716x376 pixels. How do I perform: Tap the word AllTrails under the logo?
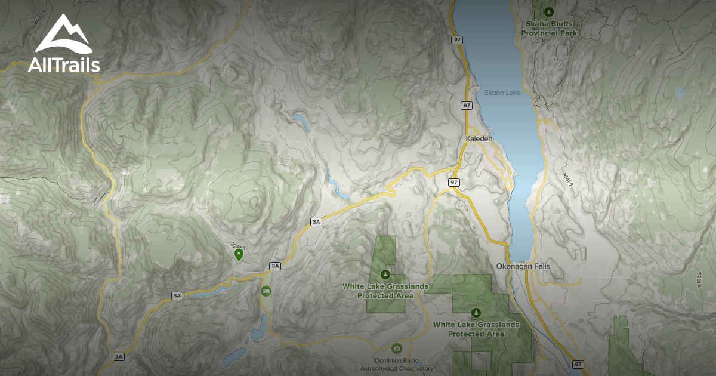pos(63,65)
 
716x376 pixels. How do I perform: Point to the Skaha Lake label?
pos(502,93)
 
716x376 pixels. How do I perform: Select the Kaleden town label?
pos(479,138)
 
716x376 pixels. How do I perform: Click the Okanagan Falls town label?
pos(523,266)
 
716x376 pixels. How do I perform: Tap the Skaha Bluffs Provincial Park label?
pos(549,29)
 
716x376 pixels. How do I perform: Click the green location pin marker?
pos(239,255)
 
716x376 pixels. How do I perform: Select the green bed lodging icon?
pos(266,291)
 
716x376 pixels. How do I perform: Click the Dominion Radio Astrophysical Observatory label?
pos(397,365)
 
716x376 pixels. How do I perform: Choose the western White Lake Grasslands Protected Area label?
pos(385,291)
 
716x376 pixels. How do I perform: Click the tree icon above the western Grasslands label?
pos(385,275)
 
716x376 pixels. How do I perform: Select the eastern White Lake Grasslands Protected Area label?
pos(476,329)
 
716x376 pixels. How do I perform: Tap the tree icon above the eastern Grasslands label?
pos(476,312)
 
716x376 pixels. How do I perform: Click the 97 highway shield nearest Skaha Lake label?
pos(466,105)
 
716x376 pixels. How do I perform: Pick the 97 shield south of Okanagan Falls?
pos(577,363)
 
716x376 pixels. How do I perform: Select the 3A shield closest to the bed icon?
pos(274,266)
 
